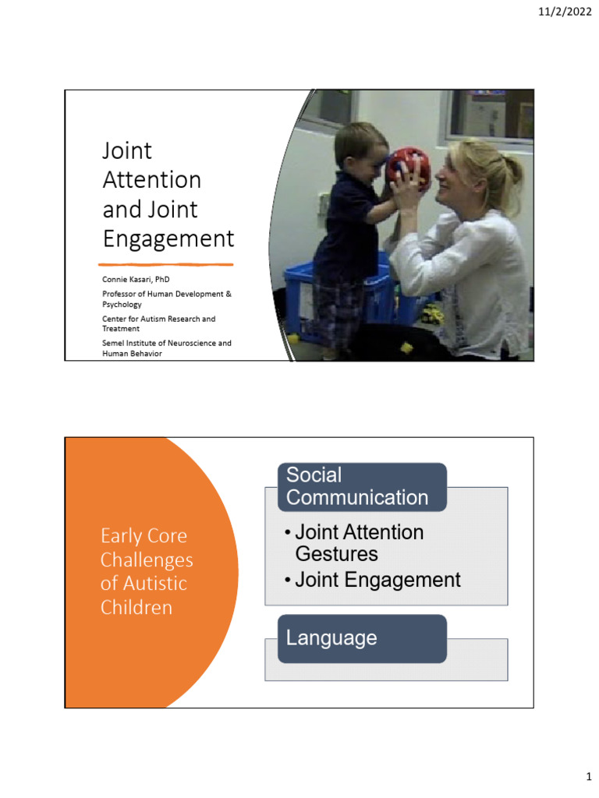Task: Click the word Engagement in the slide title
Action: click(168, 238)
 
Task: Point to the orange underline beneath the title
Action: click(168, 264)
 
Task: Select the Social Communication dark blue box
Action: click(362, 486)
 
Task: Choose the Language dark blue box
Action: click(362, 638)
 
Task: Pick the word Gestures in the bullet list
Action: click(336, 554)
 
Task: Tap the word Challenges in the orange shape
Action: click(147, 560)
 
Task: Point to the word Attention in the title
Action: click(152, 180)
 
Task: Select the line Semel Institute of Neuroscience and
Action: click(166, 343)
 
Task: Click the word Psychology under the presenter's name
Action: click(122, 304)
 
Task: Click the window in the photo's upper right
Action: click(490, 115)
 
